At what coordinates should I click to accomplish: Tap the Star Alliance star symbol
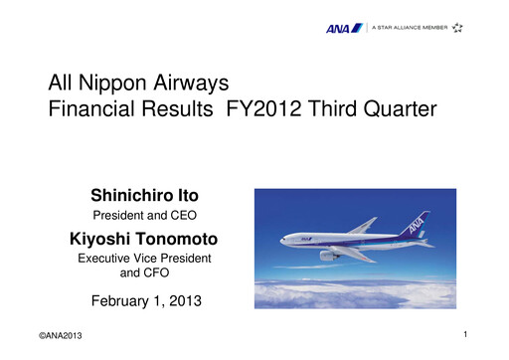tap(456, 28)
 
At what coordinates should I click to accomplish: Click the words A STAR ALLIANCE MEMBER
tap(410, 28)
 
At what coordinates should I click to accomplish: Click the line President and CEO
tap(144, 215)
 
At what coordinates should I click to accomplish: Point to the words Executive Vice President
tap(144, 258)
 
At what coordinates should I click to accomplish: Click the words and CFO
tap(144, 271)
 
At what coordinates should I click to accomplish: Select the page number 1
tap(465, 336)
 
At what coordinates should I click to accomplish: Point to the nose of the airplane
tap(282, 239)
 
